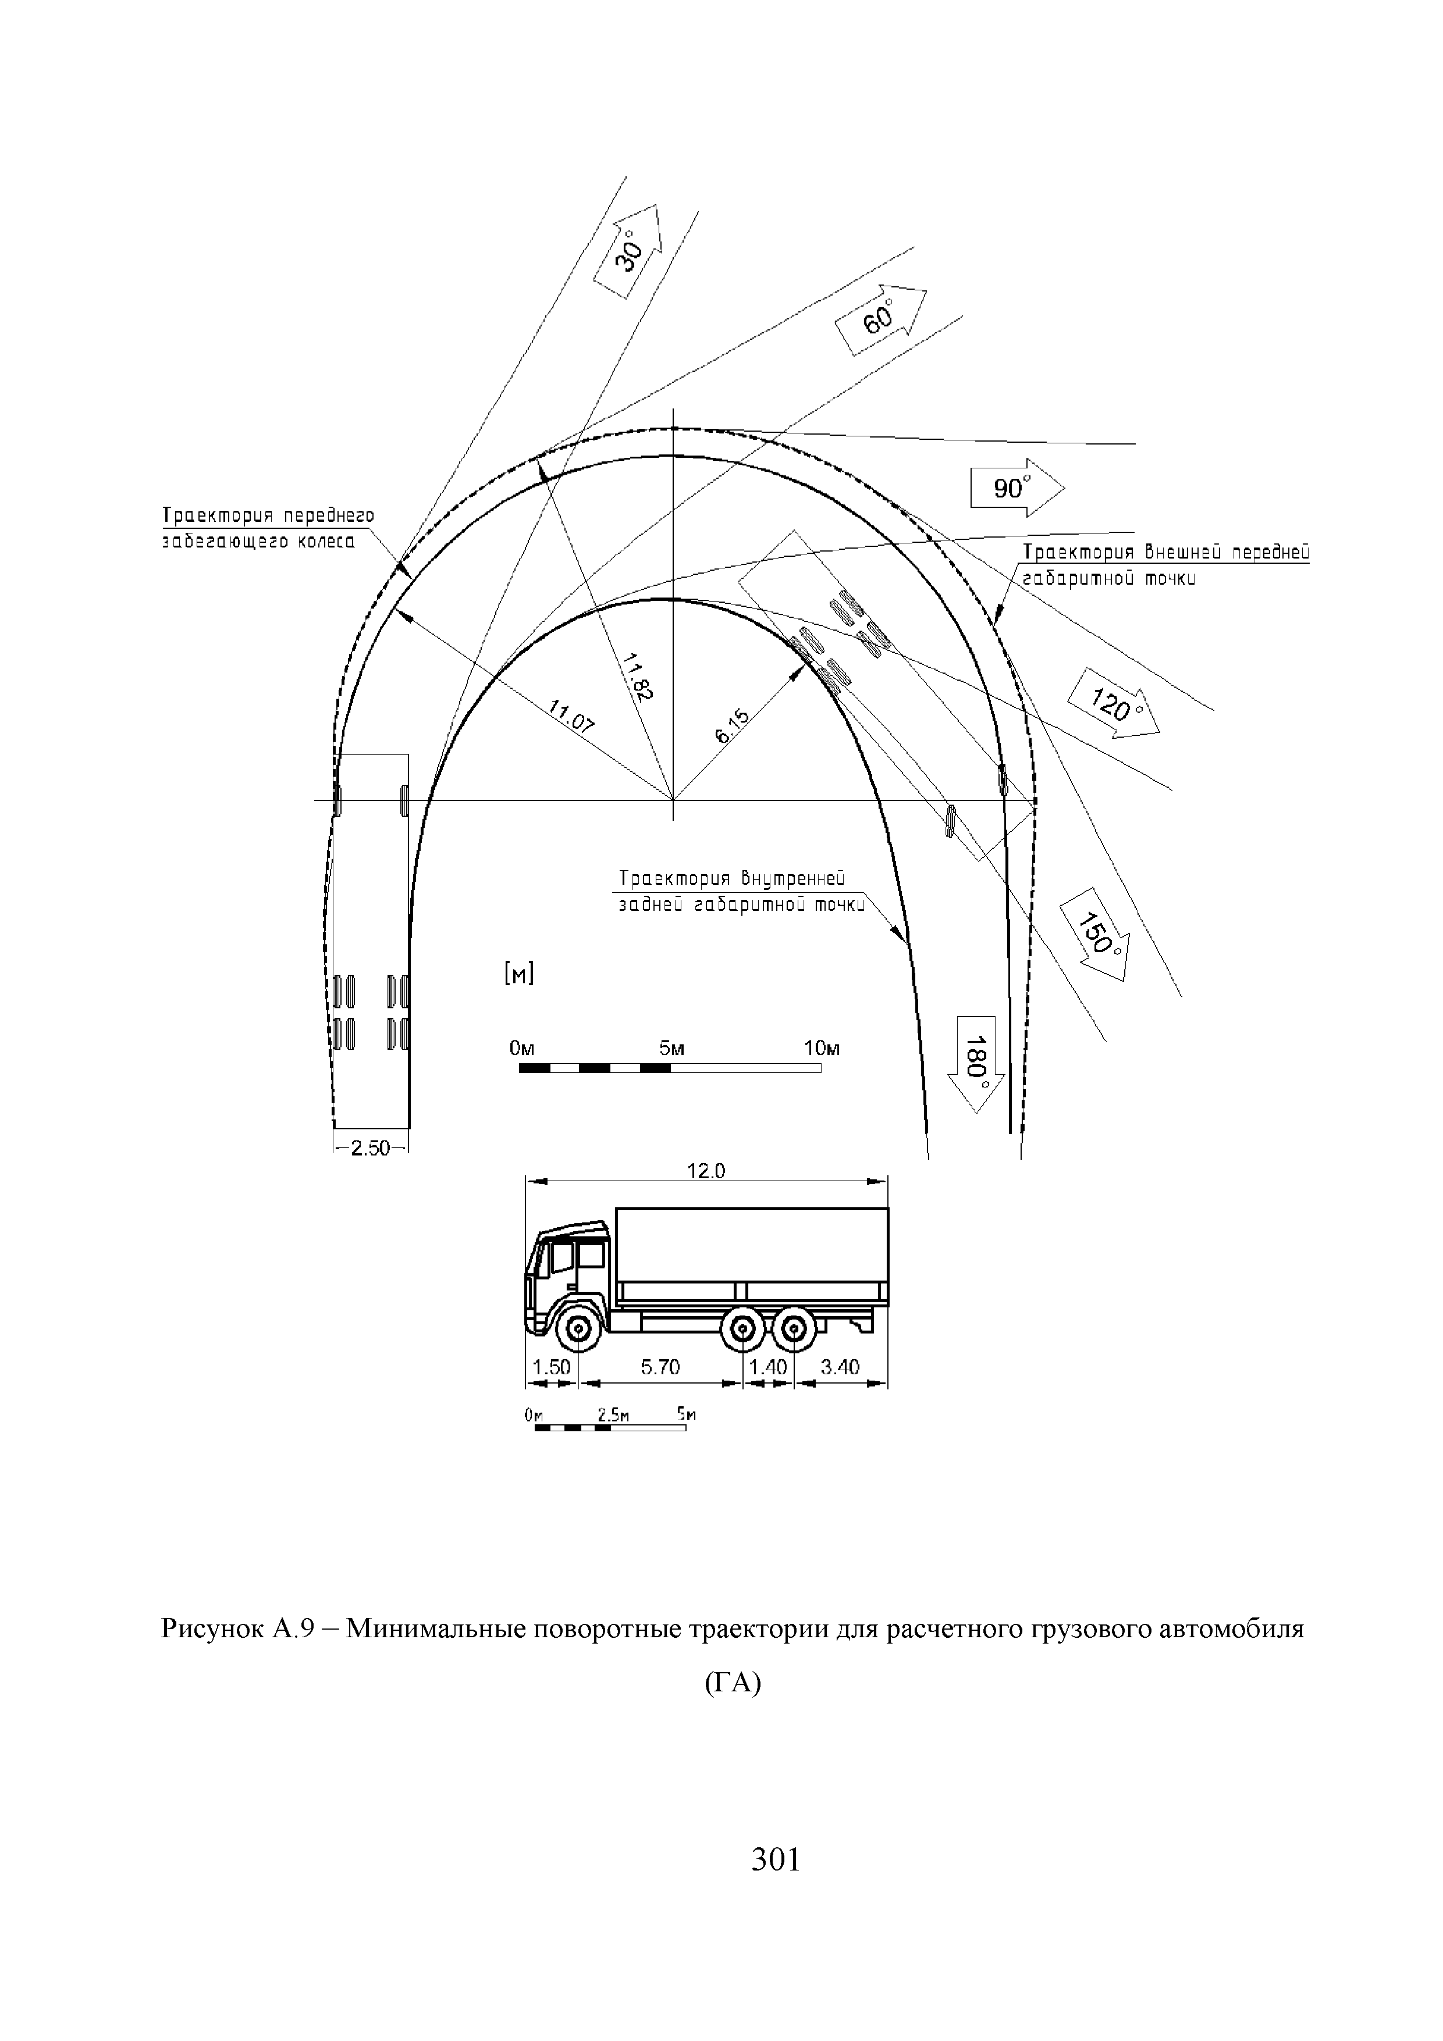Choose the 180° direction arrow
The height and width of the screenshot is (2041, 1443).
pyautogui.click(x=977, y=1062)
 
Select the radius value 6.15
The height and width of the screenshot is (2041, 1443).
pyautogui.click(x=734, y=726)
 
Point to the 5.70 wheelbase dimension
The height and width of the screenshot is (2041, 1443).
pyautogui.click(x=660, y=1366)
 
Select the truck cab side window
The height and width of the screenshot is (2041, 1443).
pyautogui.click(x=563, y=1256)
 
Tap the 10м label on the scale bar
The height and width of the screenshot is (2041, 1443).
pyautogui.click(x=822, y=1048)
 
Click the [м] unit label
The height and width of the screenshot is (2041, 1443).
pyautogui.click(x=518, y=975)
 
